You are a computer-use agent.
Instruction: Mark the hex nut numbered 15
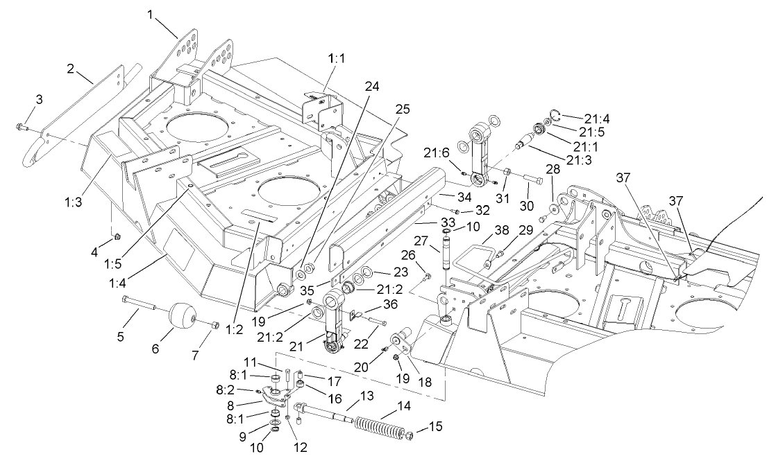click(x=409, y=436)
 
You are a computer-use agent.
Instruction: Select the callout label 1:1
click(x=336, y=60)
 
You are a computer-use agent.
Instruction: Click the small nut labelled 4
click(x=116, y=238)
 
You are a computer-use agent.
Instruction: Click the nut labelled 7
click(x=214, y=324)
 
